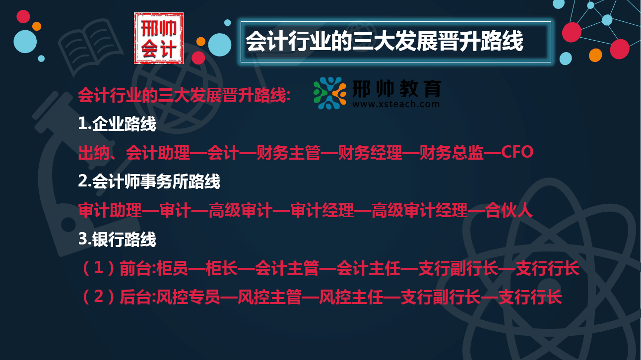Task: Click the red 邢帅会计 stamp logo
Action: pos(159,38)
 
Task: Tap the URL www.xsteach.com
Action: pos(396,104)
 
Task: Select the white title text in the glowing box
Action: pos(385,42)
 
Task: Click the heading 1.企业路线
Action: pos(117,124)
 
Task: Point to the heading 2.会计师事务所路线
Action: pos(149,181)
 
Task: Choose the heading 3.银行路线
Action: pos(117,240)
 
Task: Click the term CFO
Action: pos(517,152)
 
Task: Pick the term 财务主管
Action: pos(289,153)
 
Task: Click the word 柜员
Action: pos(173,269)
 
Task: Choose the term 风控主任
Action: pos(351,298)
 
